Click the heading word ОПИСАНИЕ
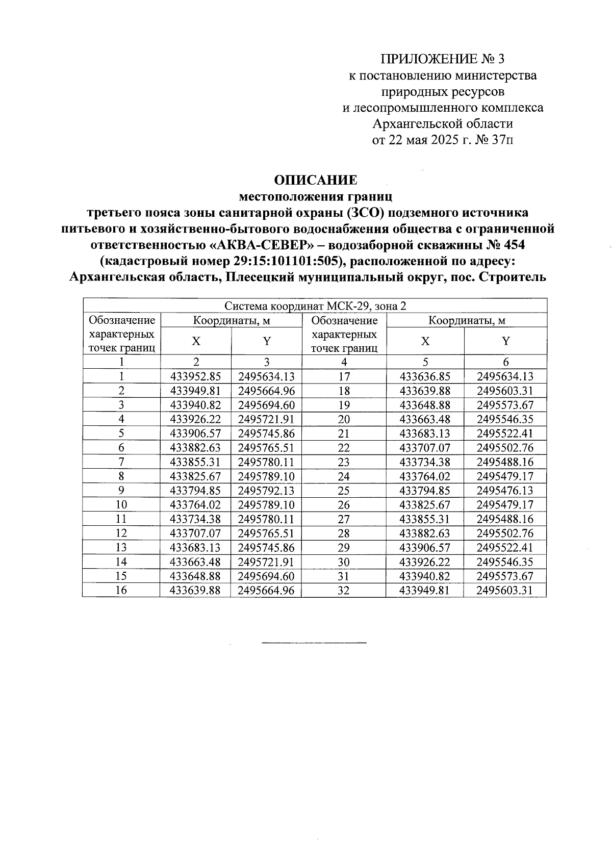point(316,180)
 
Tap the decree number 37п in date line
point(501,140)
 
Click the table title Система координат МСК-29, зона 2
point(316,306)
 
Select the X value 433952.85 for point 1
point(196,377)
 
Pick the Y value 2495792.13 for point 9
point(266,491)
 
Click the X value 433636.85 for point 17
point(425,377)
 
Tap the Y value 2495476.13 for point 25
point(505,491)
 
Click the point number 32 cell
point(344,590)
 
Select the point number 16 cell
point(121,590)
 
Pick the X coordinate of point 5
point(196,434)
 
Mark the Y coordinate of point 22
point(505,448)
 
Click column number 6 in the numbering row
point(505,362)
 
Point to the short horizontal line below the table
point(314,642)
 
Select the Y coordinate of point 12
point(266,533)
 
